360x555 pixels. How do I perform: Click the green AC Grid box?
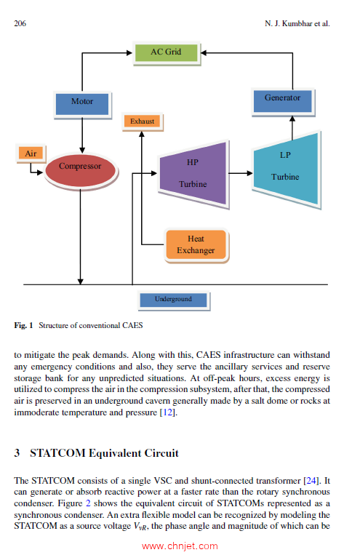coord(167,52)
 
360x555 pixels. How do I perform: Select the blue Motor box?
coord(81,103)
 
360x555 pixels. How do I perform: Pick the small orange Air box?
coord(31,153)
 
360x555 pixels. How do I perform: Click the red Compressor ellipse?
coord(80,167)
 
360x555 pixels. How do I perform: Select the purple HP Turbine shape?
coord(193,173)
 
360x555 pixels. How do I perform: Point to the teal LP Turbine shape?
coord(285,167)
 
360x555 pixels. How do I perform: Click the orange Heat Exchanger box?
coord(196,244)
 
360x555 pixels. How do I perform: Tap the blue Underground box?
coord(173,299)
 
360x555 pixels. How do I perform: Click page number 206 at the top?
coord(20,23)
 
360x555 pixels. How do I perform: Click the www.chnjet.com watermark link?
coord(180,546)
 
